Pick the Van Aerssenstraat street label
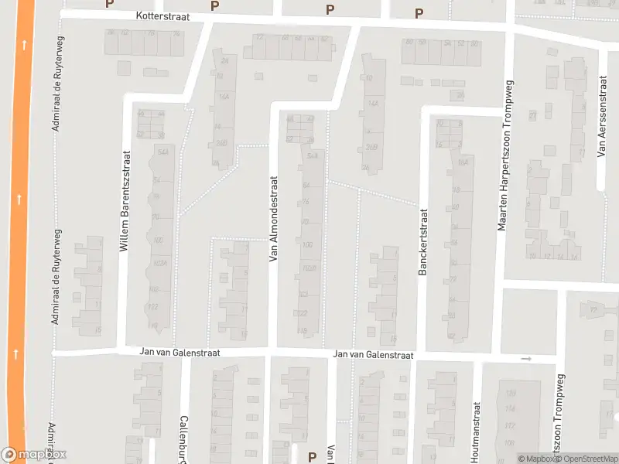tap(601, 117)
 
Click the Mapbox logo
tap(33, 455)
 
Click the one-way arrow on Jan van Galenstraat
tap(527, 359)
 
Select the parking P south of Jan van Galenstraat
tap(313, 456)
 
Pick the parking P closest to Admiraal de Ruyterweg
tap(109, 4)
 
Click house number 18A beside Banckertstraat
tap(463, 162)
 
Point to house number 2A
tap(224, 60)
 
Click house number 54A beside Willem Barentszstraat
tap(162, 152)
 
